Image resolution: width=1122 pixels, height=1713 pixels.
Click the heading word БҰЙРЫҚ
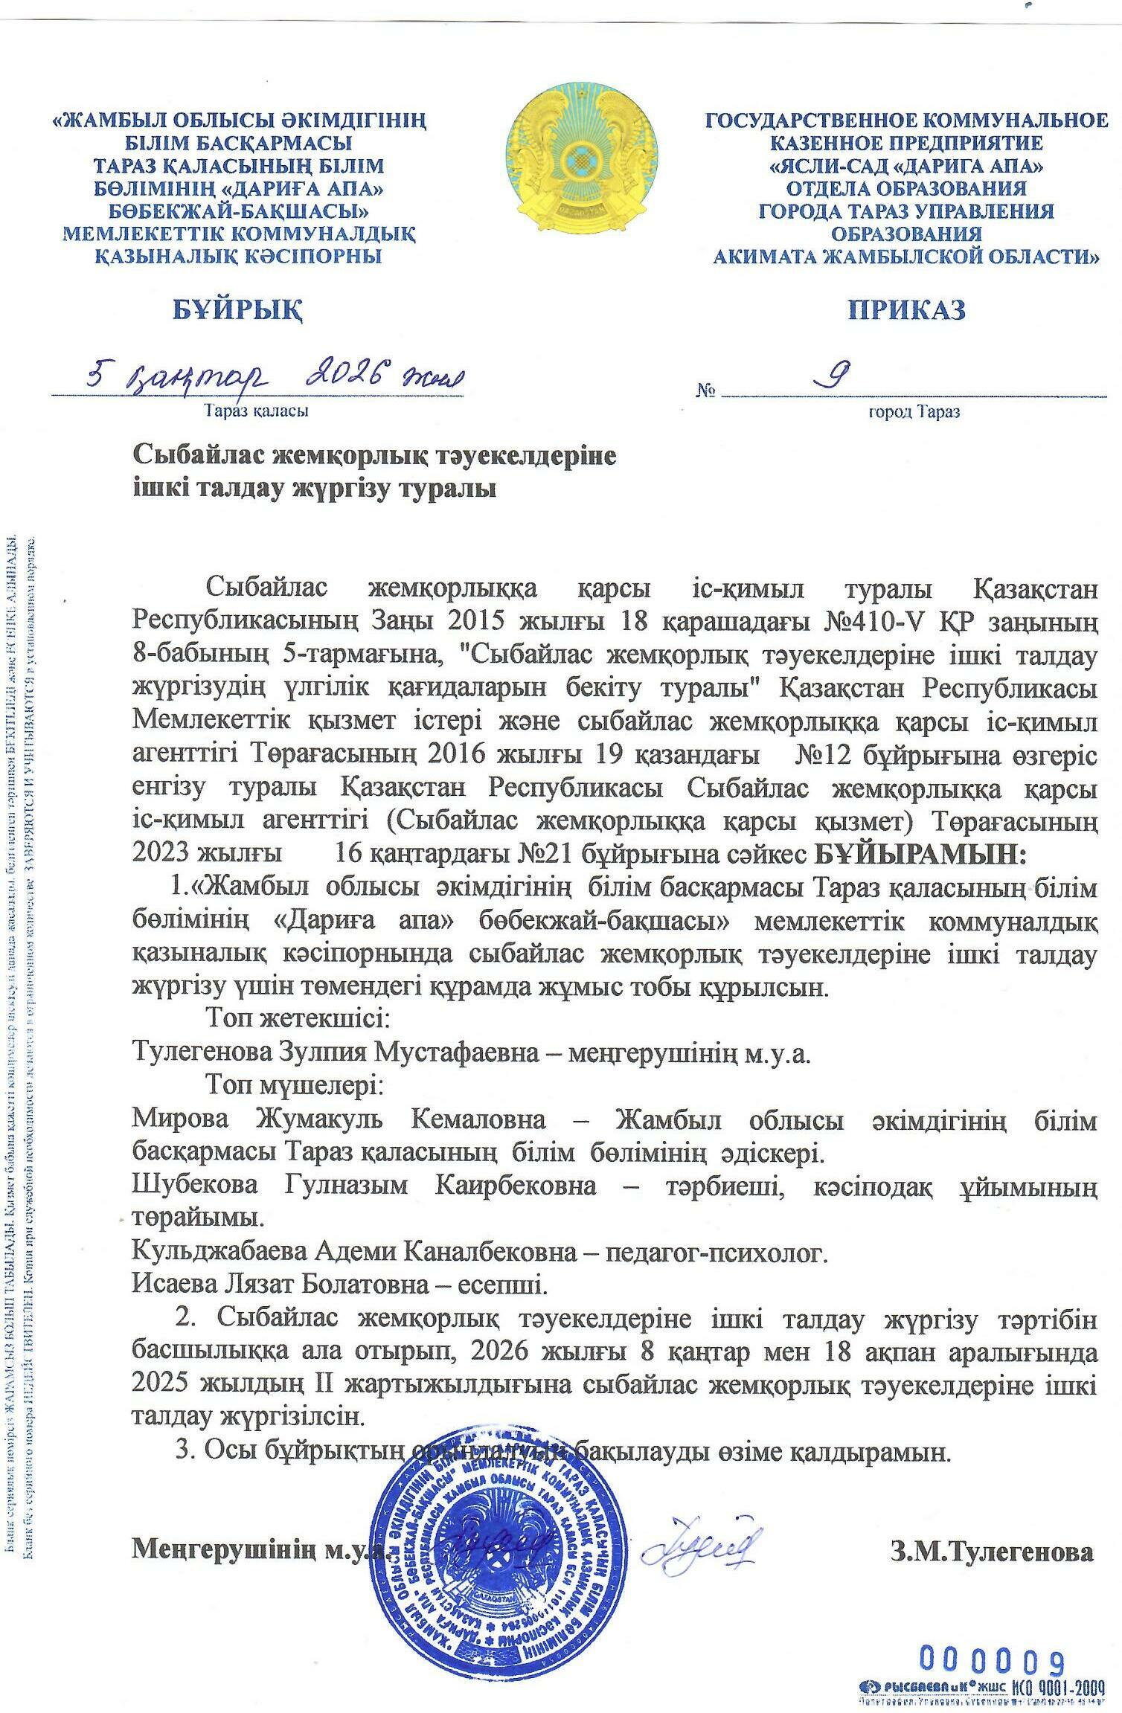238,309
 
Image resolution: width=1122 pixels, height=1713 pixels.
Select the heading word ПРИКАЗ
907,309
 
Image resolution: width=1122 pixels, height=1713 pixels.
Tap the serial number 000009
993,1657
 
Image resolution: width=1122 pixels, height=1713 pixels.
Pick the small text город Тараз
914,411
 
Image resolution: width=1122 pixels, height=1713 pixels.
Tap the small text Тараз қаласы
257,410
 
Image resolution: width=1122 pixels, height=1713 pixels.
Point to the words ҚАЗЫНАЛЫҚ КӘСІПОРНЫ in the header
238,257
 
